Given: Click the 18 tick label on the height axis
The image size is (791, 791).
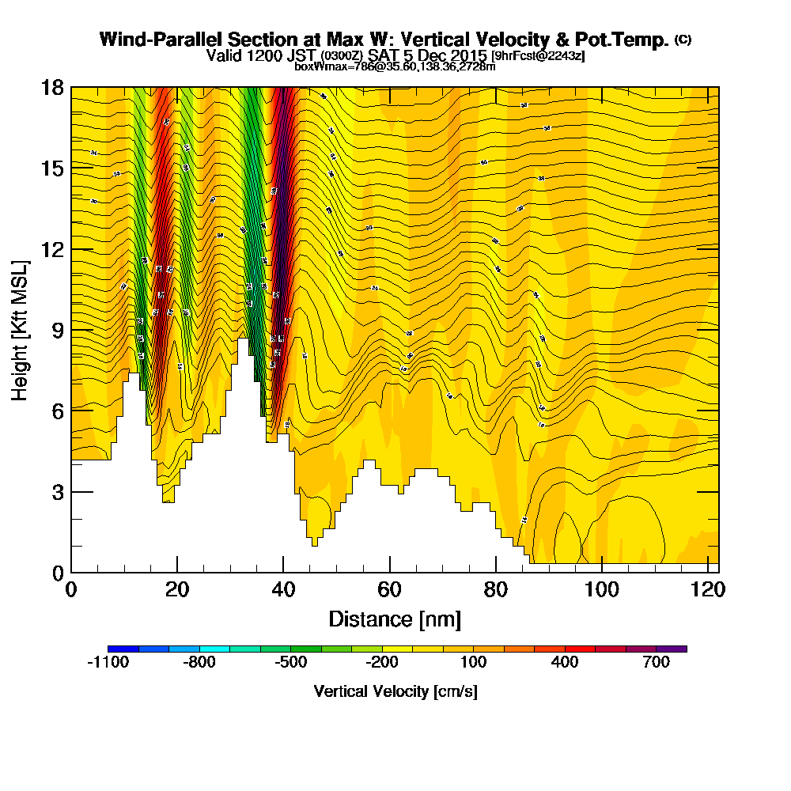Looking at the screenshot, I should tap(52, 87).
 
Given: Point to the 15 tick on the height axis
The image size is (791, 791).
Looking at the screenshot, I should tap(52, 168).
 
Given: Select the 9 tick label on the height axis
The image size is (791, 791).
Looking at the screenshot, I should tap(58, 330).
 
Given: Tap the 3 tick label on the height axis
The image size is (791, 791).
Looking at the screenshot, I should tap(58, 491).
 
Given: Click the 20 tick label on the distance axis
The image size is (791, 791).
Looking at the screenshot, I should tap(177, 589).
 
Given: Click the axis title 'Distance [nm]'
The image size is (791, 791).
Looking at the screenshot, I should tap(395, 618).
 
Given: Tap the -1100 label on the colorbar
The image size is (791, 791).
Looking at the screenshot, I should tap(108, 663).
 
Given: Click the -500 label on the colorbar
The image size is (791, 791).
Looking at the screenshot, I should tap(290, 663).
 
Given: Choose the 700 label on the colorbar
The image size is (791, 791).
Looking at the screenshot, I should tap(657, 663).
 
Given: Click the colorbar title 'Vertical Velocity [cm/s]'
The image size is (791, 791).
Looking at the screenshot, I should tap(395, 691).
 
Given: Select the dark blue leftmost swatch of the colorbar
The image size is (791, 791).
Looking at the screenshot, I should tap(123, 649).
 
